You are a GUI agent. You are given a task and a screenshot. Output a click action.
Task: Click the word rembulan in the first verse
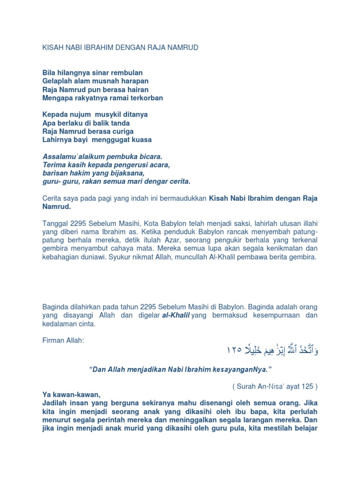tap(127, 73)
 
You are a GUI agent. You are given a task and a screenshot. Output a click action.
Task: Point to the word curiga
tap(122, 131)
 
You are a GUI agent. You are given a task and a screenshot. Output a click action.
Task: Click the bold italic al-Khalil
tap(176, 315)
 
